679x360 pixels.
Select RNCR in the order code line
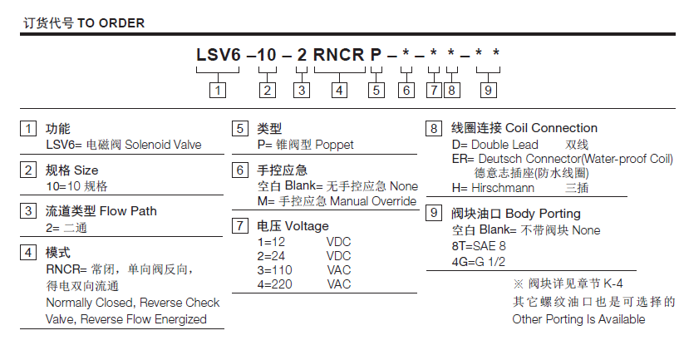338,56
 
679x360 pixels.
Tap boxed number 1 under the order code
218,90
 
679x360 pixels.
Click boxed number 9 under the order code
489,90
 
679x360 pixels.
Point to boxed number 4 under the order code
338,90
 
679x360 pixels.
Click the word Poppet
334,145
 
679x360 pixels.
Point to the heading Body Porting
543,214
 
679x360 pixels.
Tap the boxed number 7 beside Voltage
239,225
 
